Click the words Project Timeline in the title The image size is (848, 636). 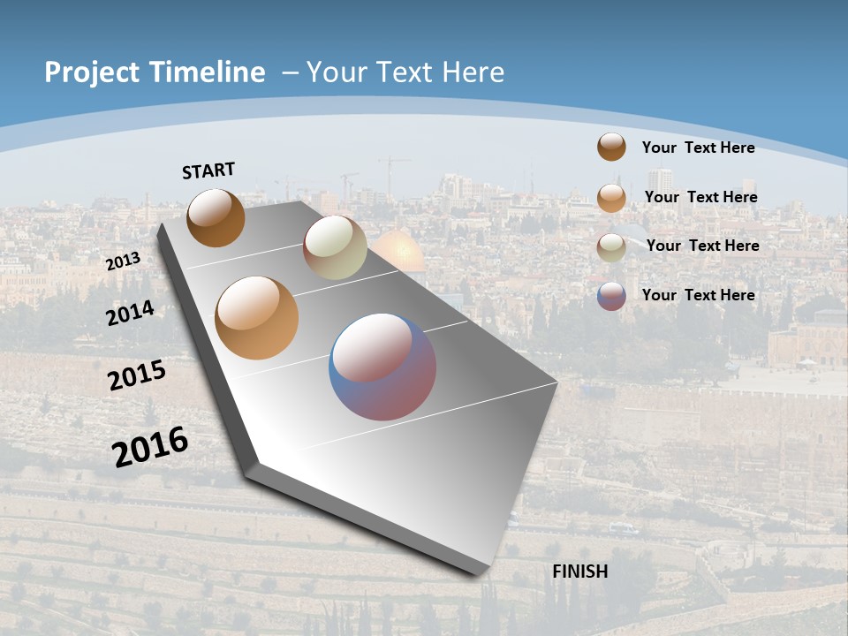(155, 72)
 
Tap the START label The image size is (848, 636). (208, 170)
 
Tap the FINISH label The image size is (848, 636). (580, 572)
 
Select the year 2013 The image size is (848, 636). (123, 261)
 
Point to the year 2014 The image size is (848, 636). (130, 313)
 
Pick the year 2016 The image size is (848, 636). (150, 446)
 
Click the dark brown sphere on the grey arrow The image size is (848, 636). (216, 217)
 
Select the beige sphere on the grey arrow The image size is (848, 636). (335, 247)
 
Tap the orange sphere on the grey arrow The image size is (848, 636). (257, 318)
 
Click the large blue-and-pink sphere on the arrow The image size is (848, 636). (382, 367)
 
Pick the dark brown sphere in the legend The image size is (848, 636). (611, 147)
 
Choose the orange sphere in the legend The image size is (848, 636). (611, 197)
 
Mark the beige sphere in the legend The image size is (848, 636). (611, 246)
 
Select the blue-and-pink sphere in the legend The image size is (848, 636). (611, 296)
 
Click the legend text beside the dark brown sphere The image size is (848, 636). (698, 148)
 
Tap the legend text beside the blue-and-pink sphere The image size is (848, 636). (698, 295)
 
